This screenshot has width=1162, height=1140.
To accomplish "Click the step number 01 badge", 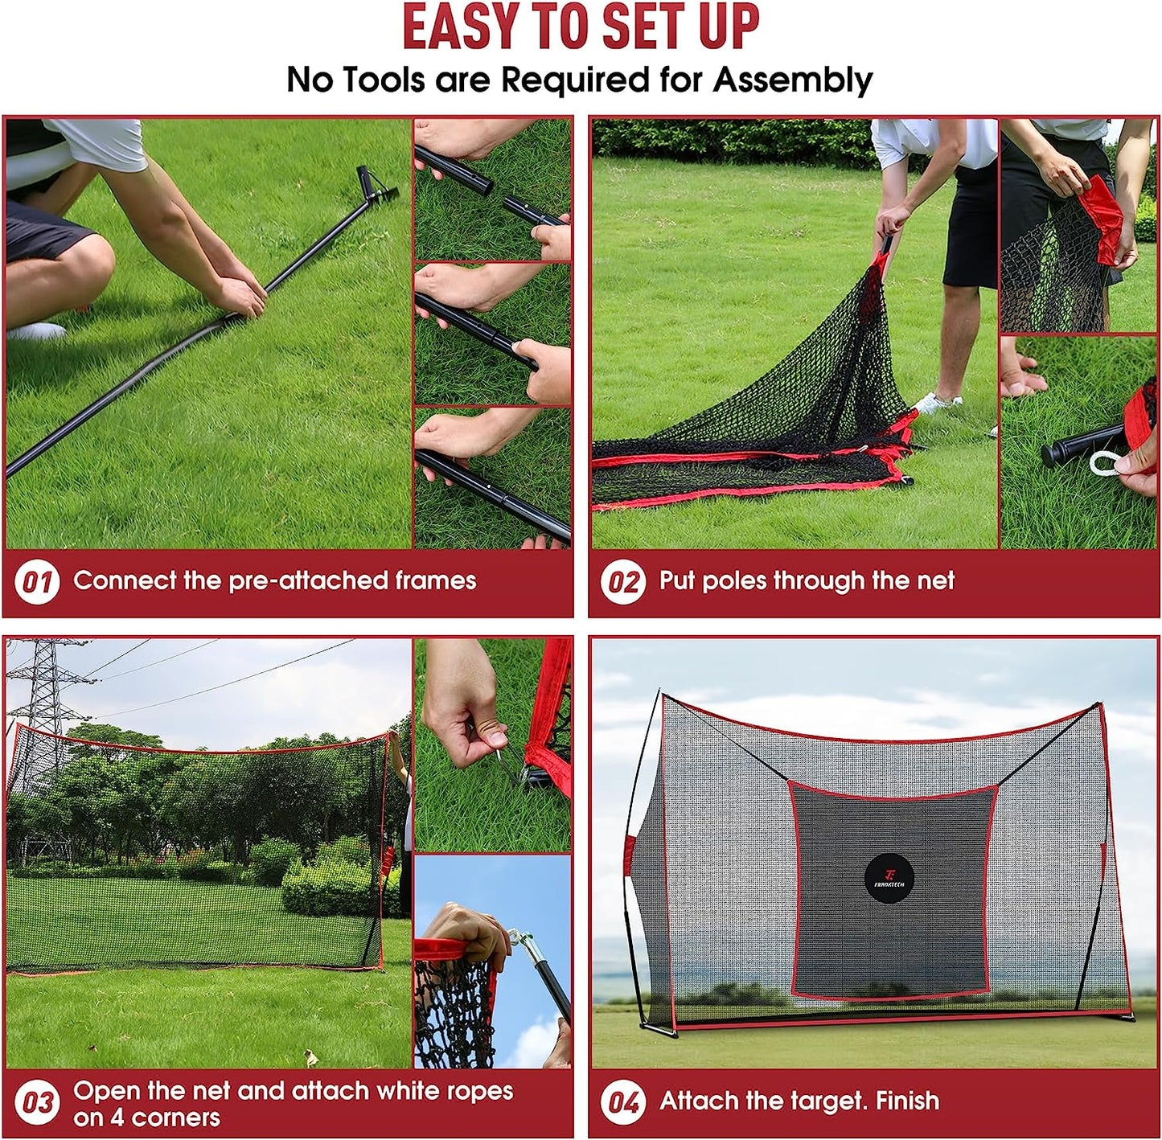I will tap(37, 581).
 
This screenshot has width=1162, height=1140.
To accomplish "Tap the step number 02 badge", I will tap(622, 581).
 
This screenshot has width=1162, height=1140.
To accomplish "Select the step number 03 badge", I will tap(37, 1102).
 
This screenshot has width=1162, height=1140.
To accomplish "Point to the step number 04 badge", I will tap(622, 1101).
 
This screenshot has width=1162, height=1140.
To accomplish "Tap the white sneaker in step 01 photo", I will tap(35, 330).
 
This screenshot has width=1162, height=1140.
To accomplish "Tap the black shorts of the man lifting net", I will tap(971, 225).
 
